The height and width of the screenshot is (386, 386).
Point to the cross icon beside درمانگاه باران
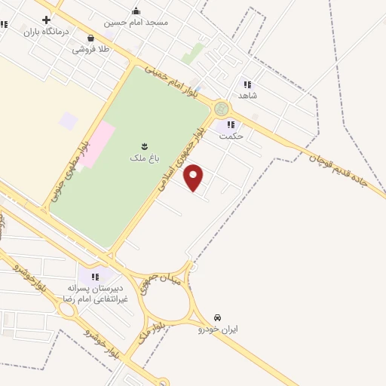coord(47,20)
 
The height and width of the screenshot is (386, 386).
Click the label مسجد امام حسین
coord(136,23)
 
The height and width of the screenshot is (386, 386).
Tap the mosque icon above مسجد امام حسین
coord(136,11)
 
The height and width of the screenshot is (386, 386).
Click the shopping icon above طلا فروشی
coord(90,37)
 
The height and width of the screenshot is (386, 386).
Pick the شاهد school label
coord(248,96)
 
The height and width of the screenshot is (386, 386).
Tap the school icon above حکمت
coord(231,124)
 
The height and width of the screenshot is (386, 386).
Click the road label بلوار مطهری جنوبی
coord(69,166)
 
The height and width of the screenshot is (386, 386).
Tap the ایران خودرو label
coord(218,329)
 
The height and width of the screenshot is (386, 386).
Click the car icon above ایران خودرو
coord(218,317)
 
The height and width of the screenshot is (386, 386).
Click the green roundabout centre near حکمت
coord(221,110)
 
